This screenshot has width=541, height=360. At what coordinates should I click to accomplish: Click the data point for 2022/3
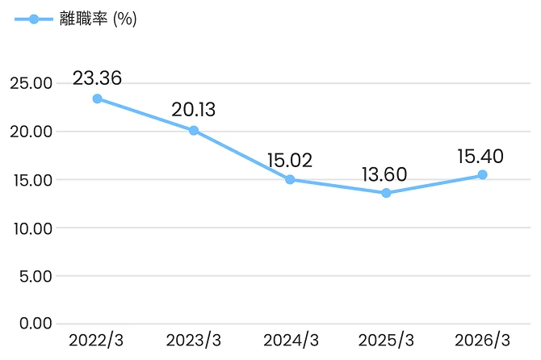pyautogui.click(x=97, y=99)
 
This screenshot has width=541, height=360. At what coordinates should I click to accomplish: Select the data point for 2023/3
pyautogui.click(x=194, y=130)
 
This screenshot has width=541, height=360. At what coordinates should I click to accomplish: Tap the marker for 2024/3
pyautogui.click(x=290, y=179)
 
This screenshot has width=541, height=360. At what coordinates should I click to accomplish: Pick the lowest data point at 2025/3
pyautogui.click(x=386, y=193)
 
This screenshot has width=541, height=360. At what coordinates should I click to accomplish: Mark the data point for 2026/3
pyautogui.click(x=482, y=175)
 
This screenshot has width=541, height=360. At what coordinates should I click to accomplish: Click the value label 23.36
pyautogui.click(x=97, y=78)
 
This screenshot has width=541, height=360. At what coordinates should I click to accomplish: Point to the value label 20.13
pyautogui.click(x=193, y=110)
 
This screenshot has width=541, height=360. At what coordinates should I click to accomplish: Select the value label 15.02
pyautogui.click(x=290, y=161)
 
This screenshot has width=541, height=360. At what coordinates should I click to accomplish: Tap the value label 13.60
pyautogui.click(x=384, y=174)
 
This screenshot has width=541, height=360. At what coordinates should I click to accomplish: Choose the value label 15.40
pyautogui.click(x=480, y=156)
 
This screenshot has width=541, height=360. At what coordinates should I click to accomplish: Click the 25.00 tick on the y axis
pyautogui.click(x=31, y=83)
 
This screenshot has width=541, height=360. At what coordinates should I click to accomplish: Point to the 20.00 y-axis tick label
pyautogui.click(x=31, y=132)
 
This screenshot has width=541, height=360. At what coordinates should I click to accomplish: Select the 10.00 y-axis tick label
pyautogui.click(x=33, y=228)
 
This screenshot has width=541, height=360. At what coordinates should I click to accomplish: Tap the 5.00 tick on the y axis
pyautogui.click(x=36, y=277)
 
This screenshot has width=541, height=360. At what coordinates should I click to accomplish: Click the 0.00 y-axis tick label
pyautogui.click(x=36, y=324)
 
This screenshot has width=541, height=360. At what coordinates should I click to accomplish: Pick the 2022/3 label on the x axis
pyautogui.click(x=96, y=341)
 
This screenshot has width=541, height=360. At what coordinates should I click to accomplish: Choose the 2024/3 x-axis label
pyautogui.click(x=291, y=341)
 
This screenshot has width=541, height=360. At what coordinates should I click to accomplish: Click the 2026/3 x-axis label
pyautogui.click(x=482, y=341)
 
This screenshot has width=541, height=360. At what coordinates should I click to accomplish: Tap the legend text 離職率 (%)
pyautogui.click(x=99, y=19)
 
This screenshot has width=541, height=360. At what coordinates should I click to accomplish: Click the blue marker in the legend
pyautogui.click(x=34, y=19)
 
